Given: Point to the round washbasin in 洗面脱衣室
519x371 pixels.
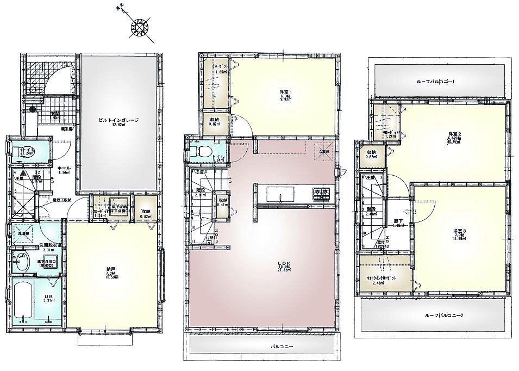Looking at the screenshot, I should pyautogui.click(x=20, y=263).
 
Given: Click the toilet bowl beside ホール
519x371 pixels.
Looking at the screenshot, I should pyautogui.click(x=21, y=150).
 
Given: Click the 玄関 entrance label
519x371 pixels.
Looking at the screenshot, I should pyautogui.click(x=55, y=114).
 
